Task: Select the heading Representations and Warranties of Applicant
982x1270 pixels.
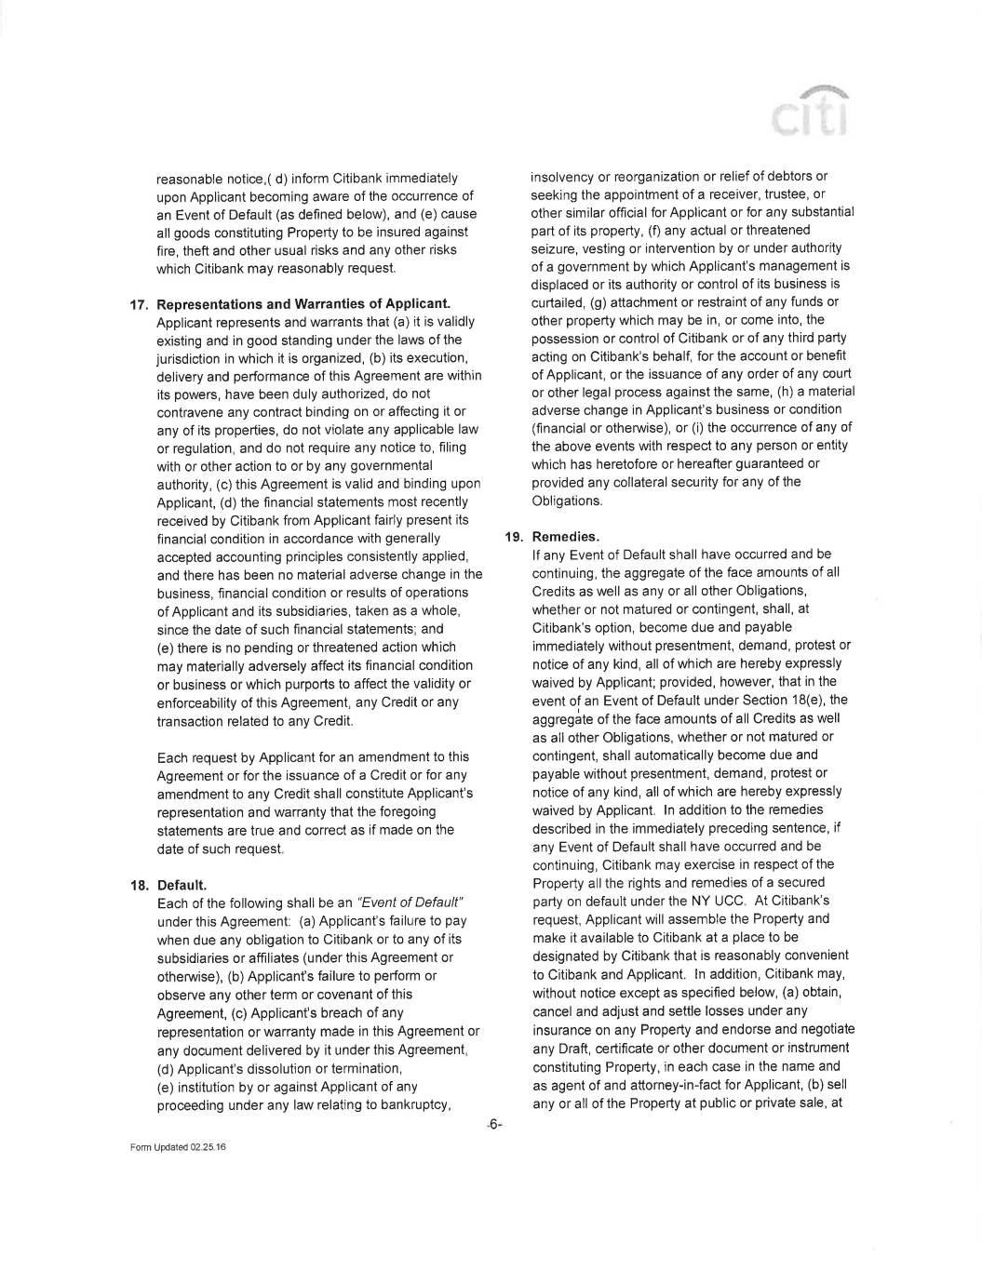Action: tap(303, 304)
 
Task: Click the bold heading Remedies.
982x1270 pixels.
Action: tap(565, 537)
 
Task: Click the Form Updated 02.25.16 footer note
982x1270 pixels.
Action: tap(178, 1147)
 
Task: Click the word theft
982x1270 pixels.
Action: tap(191, 250)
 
